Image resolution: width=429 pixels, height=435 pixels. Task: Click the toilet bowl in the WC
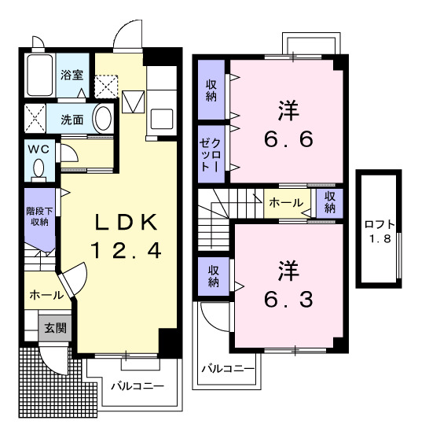[x=38, y=168]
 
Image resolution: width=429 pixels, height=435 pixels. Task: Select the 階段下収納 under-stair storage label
[x=38, y=216]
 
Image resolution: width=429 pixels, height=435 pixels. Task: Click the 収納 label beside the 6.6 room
[x=211, y=92]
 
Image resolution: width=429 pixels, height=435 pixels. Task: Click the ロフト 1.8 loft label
[x=380, y=230]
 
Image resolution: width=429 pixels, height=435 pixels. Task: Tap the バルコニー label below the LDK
[x=137, y=387]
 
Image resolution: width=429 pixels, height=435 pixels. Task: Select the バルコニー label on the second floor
[x=227, y=368]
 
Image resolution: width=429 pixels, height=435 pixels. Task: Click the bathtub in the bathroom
[x=37, y=76]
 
